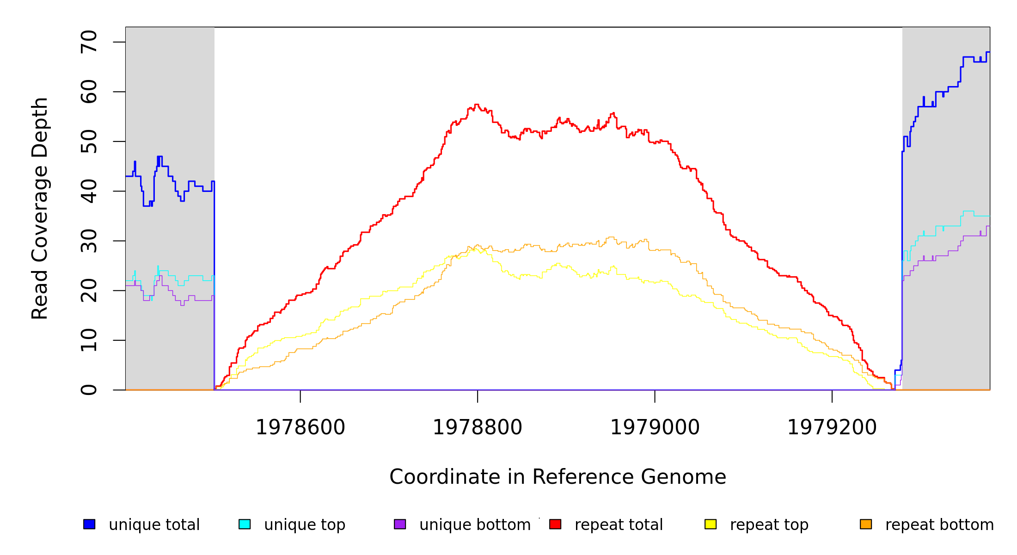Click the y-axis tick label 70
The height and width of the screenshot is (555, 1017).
[x=89, y=42]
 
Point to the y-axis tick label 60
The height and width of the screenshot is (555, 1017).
[x=89, y=92]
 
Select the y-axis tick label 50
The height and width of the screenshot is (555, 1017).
[x=89, y=142]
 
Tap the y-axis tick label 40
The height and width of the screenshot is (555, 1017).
[x=89, y=191]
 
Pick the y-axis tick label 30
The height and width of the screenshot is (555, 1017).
[x=89, y=241]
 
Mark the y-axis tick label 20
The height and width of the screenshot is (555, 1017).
[x=89, y=290]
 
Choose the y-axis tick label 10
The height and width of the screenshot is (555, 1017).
[x=89, y=340]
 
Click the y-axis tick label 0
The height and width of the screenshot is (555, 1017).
[x=89, y=390]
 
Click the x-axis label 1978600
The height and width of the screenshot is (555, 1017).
[x=300, y=427]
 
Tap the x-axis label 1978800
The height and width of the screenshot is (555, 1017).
[x=478, y=427]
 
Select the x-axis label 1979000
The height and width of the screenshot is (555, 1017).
[x=655, y=427]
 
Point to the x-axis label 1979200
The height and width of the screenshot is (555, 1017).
[x=832, y=427]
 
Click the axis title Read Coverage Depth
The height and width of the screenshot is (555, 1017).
[x=40, y=208]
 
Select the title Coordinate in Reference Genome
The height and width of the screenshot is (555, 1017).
[x=558, y=477]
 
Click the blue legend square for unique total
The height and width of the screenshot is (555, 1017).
[x=89, y=524]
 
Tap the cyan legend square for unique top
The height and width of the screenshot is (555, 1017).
[x=245, y=524]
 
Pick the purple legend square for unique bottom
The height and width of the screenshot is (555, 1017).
[x=400, y=524]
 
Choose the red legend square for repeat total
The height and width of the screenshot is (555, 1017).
[x=555, y=524]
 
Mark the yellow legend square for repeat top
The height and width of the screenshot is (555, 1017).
[x=711, y=524]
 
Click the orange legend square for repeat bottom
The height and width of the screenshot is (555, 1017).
[x=866, y=524]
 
